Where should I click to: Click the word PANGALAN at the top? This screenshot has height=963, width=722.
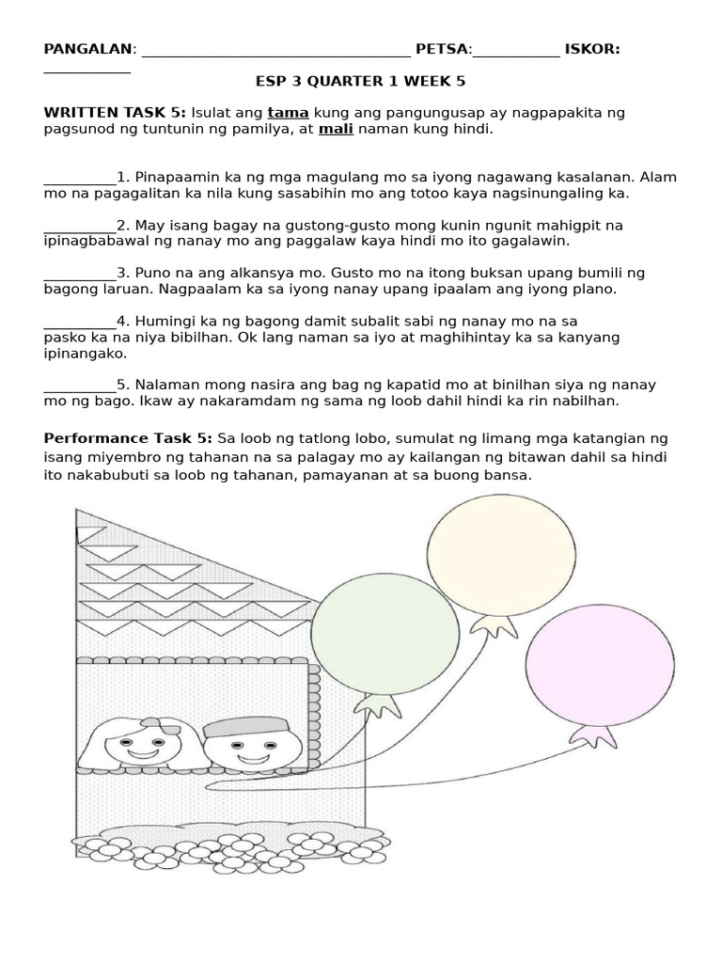(x=88, y=49)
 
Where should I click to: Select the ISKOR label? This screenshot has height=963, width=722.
(x=591, y=49)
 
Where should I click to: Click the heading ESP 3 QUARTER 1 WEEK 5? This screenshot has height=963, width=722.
(x=360, y=82)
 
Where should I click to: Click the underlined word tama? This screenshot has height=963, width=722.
(x=288, y=113)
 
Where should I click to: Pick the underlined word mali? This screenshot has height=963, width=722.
(x=336, y=129)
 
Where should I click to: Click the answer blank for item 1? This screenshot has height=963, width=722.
(x=79, y=178)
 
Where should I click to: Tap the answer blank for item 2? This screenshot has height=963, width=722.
(x=79, y=226)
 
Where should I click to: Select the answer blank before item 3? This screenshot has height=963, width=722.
(x=79, y=274)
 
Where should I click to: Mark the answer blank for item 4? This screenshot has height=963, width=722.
(x=79, y=322)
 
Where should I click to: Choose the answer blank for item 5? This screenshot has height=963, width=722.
(x=79, y=385)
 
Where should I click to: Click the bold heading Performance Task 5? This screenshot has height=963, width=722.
(x=129, y=438)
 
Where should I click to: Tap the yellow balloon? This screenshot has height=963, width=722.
(x=501, y=555)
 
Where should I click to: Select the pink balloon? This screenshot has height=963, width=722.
(x=599, y=664)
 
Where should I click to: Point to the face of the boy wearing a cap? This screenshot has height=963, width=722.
(x=250, y=749)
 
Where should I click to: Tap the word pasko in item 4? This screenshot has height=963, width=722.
(x=65, y=337)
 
